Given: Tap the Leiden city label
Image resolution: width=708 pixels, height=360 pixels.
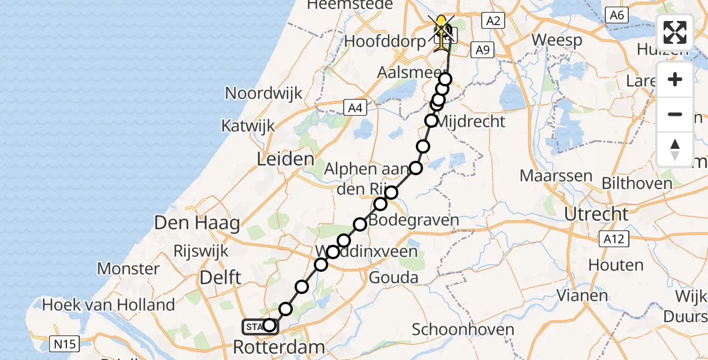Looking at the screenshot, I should pos(286,160).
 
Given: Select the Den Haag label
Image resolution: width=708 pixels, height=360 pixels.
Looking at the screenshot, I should pos(197,223).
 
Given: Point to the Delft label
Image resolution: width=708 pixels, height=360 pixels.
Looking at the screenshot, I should pos(220,277).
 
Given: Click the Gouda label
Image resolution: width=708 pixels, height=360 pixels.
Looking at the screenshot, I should pos(393,278).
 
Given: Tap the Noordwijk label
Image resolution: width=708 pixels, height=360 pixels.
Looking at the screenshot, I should pos(263,94).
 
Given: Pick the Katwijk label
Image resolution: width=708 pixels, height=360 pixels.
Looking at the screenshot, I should pos(248,126).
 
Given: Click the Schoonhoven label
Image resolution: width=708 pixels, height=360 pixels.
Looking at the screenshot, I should pos(463,329).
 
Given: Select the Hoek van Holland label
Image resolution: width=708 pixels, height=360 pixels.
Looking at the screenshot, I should pos(109,304).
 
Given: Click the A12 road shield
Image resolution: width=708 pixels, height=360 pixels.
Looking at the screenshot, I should pos(613,239).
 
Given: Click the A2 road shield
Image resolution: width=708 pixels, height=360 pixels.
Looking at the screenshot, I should pos(493,21).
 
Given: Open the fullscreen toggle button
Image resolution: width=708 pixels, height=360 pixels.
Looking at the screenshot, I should pos(675,32).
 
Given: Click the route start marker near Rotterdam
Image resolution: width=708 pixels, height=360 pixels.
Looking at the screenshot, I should pos(269,325).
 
